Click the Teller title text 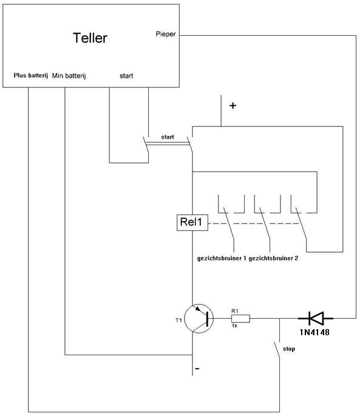pyautogui.click(x=90, y=38)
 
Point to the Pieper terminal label pyautogui.click(x=166, y=34)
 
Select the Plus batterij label pyautogui.click(x=31, y=75)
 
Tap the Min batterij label pyautogui.click(x=69, y=76)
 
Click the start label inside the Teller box pyautogui.click(x=126, y=76)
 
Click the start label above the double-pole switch pyautogui.click(x=168, y=137)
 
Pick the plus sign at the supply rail pyautogui.click(x=233, y=106)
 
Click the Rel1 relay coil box pyautogui.click(x=192, y=222)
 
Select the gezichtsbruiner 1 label pyautogui.click(x=222, y=258)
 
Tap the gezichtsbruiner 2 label pyautogui.click(x=273, y=258)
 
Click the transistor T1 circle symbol pyautogui.click(x=199, y=318)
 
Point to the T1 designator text pyautogui.click(x=178, y=320)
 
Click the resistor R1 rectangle pyautogui.click(x=240, y=318)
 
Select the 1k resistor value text pyautogui.click(x=234, y=326)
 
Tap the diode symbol pyautogui.click(x=316, y=318)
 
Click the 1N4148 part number pyautogui.click(x=314, y=332)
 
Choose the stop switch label pyautogui.click(x=289, y=349)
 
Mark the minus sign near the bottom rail pyautogui.click(x=197, y=369)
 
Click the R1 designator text pyautogui.click(x=235, y=311)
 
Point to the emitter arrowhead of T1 pyautogui.click(x=198, y=309)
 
